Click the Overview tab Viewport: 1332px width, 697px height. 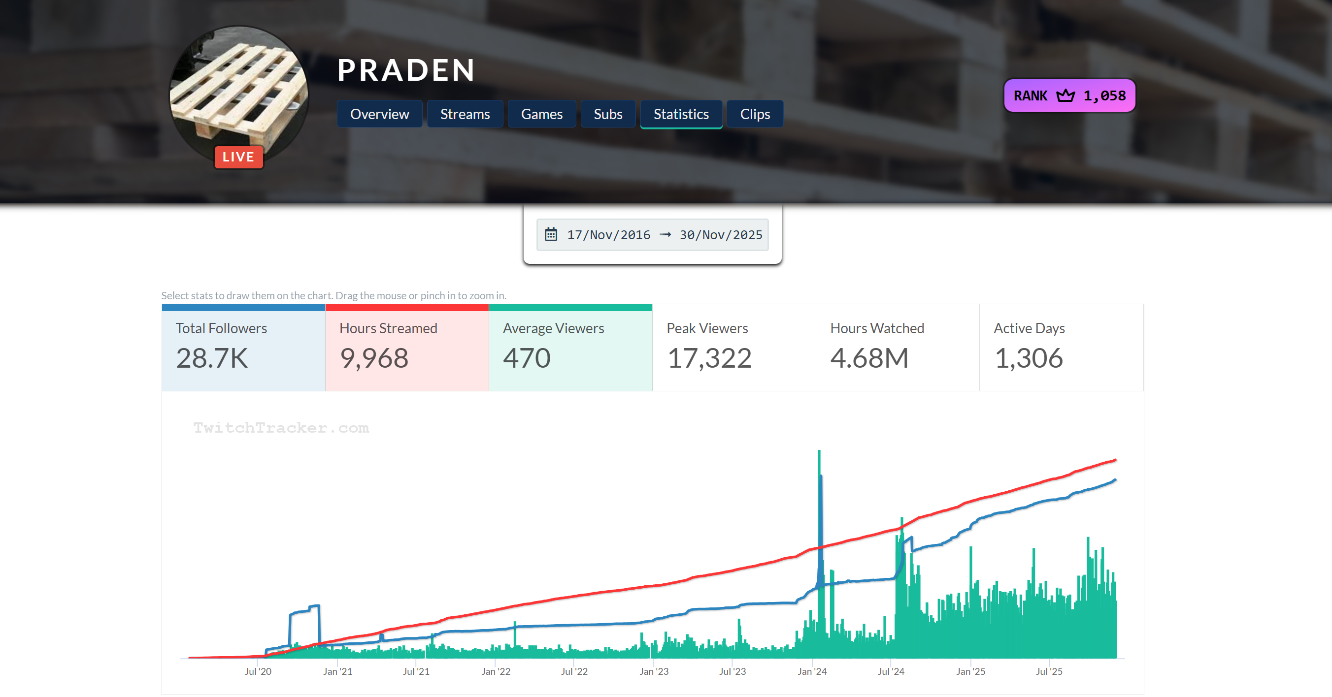[379, 114]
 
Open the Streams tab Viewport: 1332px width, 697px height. [465, 114]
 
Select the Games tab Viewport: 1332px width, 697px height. [541, 114]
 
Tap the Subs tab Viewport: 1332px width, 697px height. [607, 114]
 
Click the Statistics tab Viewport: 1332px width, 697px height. [680, 114]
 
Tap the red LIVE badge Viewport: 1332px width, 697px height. [238, 157]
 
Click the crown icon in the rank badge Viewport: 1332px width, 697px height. [1065, 95]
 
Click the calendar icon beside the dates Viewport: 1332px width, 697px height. [551, 235]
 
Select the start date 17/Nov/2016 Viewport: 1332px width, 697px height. [608, 235]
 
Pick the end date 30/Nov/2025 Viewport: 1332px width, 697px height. [720, 235]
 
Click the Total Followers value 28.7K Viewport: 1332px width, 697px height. [211, 358]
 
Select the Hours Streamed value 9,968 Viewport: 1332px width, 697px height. [374, 358]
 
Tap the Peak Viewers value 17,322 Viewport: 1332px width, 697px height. [709, 358]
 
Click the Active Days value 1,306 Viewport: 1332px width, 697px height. [1029, 358]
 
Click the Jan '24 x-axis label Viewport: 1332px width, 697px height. [812, 671]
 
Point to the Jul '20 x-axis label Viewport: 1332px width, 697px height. [258, 671]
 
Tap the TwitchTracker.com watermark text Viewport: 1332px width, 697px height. [281, 428]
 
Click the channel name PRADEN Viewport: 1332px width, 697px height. [406, 70]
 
